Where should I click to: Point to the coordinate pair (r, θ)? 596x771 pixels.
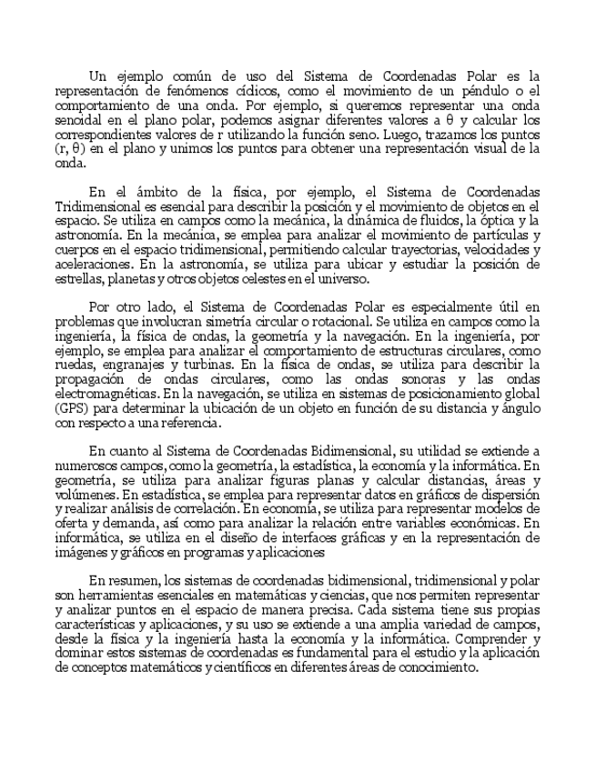71,148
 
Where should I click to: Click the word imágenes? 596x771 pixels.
80,552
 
